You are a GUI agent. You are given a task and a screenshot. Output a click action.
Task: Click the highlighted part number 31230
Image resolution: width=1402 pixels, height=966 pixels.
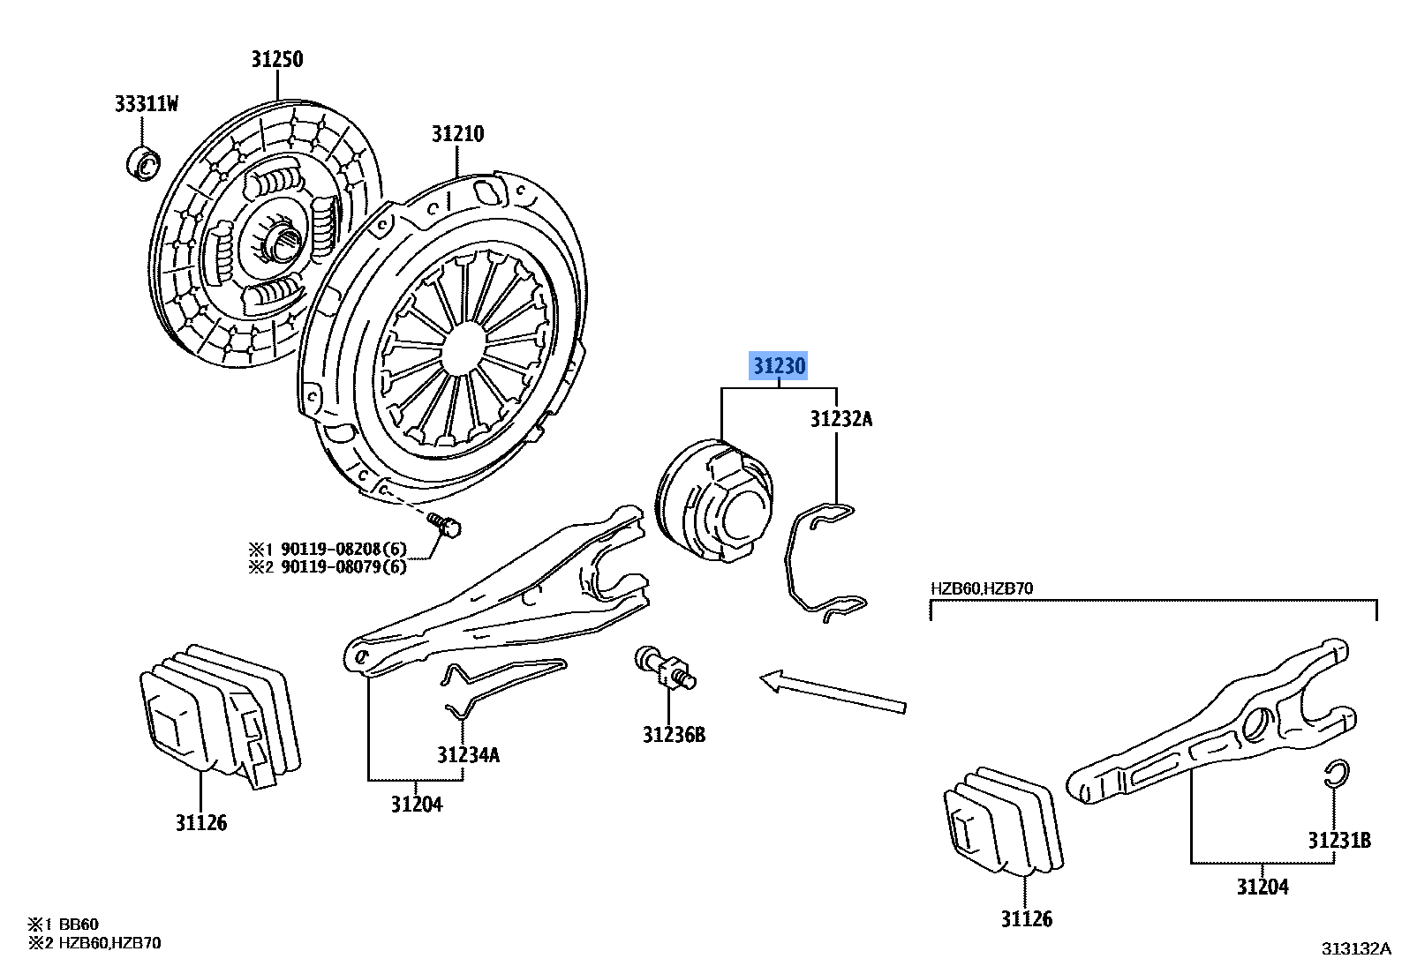pos(779,365)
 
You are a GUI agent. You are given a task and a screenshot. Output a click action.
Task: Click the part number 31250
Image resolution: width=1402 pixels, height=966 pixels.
pos(276,59)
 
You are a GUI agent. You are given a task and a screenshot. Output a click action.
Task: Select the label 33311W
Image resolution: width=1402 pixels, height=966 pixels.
pos(147,104)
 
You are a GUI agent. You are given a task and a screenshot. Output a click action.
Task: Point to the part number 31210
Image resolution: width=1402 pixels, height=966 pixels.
pos(457,134)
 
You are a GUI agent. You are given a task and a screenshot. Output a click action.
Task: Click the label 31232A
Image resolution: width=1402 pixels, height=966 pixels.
pos(840,419)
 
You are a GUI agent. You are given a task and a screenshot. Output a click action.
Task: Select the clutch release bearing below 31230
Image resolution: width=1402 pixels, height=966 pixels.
pos(715,500)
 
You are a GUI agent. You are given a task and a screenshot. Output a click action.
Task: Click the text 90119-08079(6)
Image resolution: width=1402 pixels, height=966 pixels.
pos(343,567)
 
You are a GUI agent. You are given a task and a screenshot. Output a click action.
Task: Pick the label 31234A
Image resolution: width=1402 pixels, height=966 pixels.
pos(468,755)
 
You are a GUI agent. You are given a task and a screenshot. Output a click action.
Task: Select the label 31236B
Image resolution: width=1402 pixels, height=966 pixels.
pos(674,735)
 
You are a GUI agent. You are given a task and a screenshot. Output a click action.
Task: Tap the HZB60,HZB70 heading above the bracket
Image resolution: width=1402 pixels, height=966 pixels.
pos(981,588)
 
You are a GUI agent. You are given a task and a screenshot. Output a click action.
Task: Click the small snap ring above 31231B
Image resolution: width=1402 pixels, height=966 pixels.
pos(1337,773)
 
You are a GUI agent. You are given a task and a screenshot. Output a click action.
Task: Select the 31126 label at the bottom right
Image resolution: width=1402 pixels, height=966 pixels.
pos(1026,919)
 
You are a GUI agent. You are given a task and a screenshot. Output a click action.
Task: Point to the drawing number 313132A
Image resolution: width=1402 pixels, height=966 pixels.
pos(1355,949)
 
